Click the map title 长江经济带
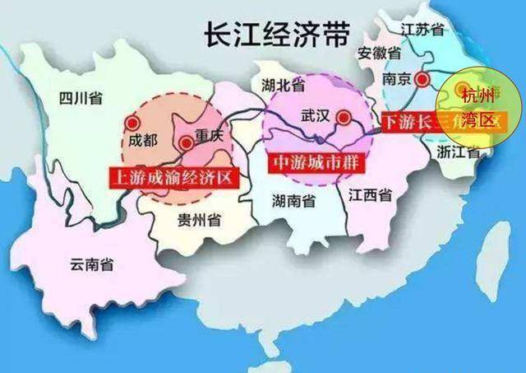click(267, 34)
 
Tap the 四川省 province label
click(81, 100)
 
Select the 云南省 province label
click(91, 265)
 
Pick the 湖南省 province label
click(294, 200)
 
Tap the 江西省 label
click(369, 195)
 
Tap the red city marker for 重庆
click(187, 143)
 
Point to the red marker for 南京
click(422, 80)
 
